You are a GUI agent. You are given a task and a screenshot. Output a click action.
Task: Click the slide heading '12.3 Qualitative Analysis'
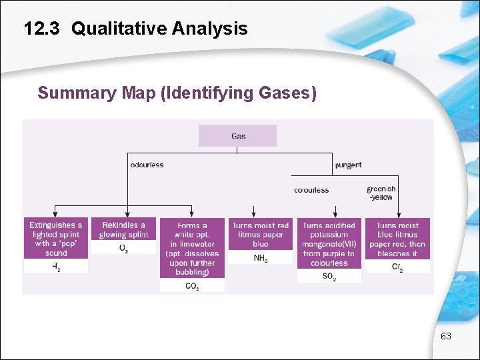point(135,29)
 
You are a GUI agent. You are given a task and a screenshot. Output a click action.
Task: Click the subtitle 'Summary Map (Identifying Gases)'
point(177,93)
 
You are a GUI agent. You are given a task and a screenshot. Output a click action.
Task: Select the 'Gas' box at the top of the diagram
point(238,136)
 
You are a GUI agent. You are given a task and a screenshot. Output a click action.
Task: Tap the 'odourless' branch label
point(147,165)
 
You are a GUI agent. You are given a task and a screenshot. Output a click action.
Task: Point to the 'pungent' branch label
point(349,165)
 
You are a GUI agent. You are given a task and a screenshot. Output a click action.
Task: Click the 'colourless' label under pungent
point(311,190)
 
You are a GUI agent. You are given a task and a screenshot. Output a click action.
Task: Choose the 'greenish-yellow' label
point(380,193)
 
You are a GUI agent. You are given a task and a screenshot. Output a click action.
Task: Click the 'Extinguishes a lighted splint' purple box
point(56,239)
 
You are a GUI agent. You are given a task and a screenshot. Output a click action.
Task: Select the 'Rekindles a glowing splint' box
point(123,230)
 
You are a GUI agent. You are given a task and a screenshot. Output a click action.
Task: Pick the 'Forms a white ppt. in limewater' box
point(192,249)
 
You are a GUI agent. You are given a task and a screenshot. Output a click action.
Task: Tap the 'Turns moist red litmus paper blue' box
point(261,235)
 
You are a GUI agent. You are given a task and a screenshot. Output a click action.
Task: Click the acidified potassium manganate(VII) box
point(329,244)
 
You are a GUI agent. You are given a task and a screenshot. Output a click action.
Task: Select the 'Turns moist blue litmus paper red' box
point(397,239)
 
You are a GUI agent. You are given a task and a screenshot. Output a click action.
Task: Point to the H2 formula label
point(56,266)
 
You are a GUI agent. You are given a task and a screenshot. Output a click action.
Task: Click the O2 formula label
point(123,248)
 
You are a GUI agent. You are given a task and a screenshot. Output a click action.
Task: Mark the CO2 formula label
point(192,286)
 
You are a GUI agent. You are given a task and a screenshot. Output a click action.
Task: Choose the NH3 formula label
point(261,258)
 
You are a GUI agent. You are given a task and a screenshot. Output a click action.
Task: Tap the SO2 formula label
point(329,276)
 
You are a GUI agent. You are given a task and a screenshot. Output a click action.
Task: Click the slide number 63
point(446,337)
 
